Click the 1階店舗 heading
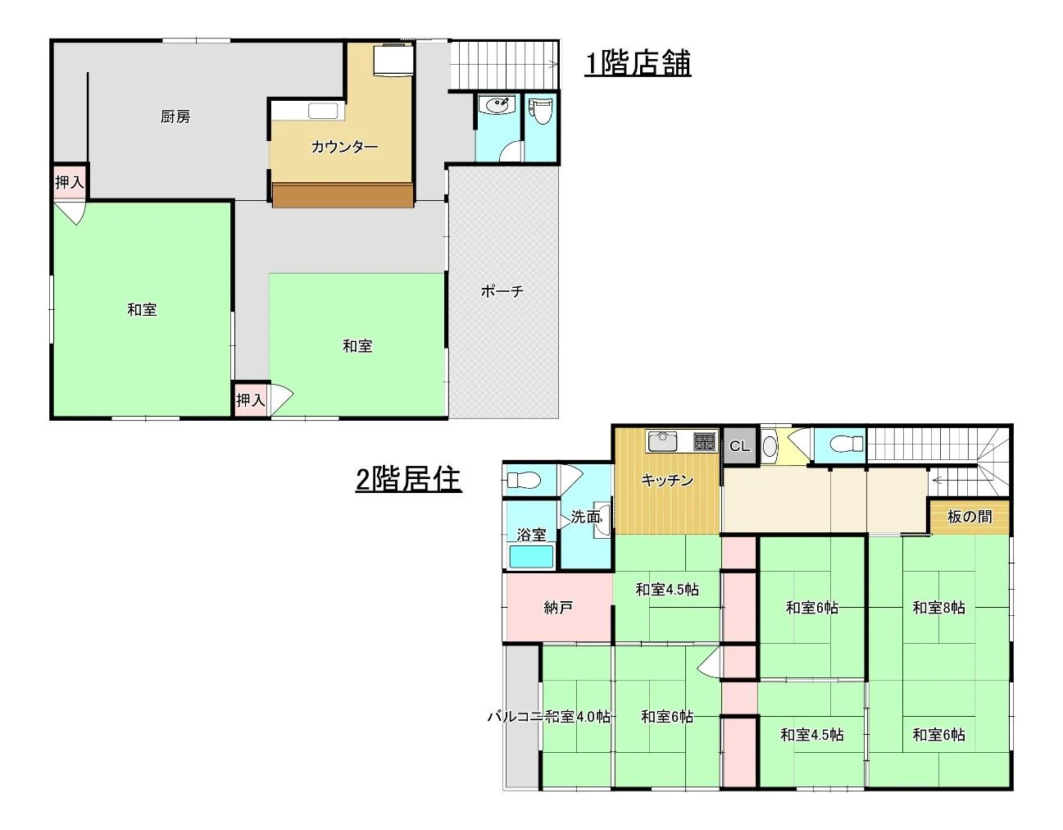pos(638,63)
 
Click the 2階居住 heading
pos(408,479)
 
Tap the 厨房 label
pos(175,116)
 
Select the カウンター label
pos(344,146)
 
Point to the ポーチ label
pos(502,291)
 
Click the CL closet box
pos(739,445)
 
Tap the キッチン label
pos(667,480)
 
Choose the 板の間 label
pos(970,517)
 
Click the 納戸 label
pos(558,608)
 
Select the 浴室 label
pos(531,535)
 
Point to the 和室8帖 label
pos(938,608)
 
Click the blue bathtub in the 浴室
pos(531,556)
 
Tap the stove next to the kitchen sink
pos(704,442)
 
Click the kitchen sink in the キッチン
pos(662,441)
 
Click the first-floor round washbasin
pos(498,104)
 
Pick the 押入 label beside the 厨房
pos(70,182)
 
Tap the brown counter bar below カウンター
pos(343,196)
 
